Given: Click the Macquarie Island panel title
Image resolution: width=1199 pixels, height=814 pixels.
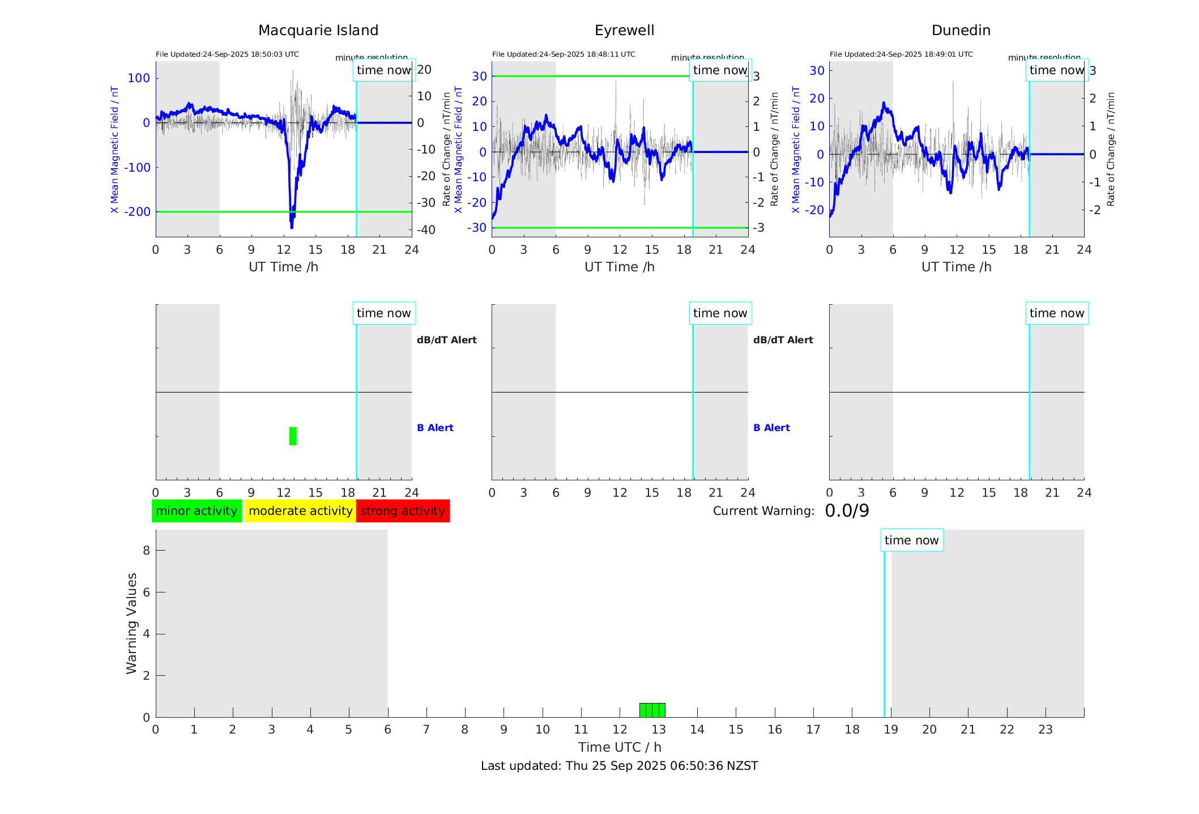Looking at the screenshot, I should click(318, 31).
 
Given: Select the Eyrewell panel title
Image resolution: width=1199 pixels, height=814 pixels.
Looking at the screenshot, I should click(624, 31).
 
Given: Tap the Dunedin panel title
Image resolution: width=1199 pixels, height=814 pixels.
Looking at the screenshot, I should click(961, 31).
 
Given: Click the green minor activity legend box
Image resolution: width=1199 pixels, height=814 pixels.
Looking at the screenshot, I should click(197, 511).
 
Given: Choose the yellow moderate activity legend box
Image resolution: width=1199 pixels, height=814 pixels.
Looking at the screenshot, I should click(300, 511).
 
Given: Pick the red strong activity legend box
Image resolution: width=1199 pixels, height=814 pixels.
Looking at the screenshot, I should click(403, 511).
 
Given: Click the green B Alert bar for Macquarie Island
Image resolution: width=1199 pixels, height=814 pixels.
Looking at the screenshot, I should click(293, 436).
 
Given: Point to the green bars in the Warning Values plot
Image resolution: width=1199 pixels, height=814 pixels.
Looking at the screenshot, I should click(652, 710).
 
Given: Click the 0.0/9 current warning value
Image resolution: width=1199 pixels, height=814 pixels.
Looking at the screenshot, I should click(847, 511).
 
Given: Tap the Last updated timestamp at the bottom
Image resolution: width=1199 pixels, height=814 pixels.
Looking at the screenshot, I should click(619, 766).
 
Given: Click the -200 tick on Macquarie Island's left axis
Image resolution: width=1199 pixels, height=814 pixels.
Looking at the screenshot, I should click(138, 212).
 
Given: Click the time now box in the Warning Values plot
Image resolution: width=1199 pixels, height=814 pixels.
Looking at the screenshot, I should click(911, 540).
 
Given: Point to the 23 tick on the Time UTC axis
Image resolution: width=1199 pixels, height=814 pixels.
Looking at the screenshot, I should click(1045, 730).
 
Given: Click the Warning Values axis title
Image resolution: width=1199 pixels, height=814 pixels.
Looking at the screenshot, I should click(131, 623).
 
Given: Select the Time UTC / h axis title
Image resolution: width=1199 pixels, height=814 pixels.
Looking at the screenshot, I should click(619, 747).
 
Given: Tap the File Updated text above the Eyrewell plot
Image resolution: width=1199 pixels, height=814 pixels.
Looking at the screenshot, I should click(564, 54).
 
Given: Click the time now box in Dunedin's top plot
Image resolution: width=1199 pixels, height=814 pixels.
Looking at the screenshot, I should click(1056, 70).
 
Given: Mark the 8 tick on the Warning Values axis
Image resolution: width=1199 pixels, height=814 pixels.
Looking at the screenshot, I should click(146, 550).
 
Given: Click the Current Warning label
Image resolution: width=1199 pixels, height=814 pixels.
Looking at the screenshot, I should click(763, 511).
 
